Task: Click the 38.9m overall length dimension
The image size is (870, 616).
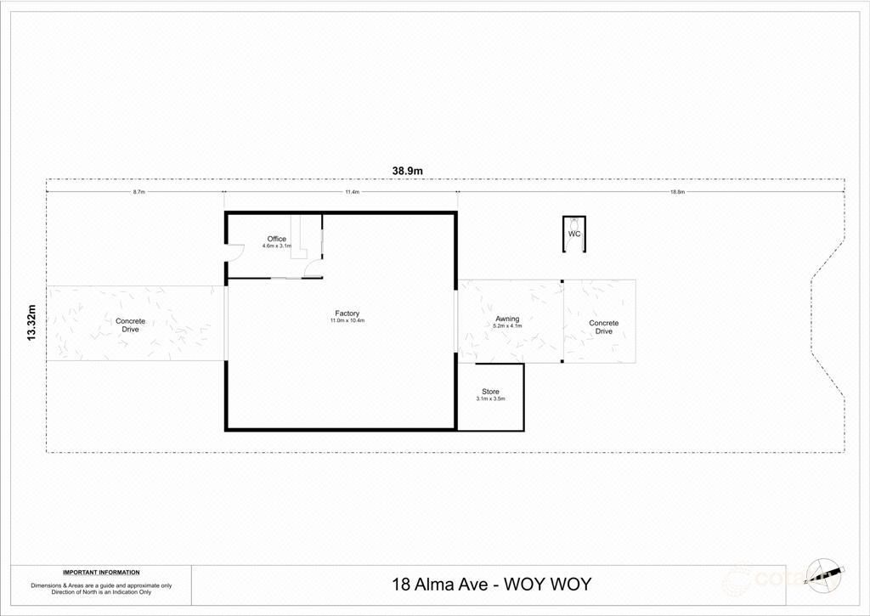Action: [408, 171]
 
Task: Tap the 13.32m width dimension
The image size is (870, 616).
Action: [32, 323]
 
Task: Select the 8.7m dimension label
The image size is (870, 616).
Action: [138, 193]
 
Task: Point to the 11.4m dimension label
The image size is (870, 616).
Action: [352, 193]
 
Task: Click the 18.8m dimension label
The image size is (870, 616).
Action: [676, 193]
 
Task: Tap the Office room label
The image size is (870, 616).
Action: [276, 239]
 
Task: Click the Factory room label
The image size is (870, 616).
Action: [347, 314]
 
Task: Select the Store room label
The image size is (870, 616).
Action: [490, 392]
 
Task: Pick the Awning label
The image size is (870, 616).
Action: [507, 319]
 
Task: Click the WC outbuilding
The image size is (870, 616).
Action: [574, 235]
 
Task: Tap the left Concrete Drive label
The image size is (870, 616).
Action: [130, 325]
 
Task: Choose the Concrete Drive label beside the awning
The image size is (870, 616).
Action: [603, 327]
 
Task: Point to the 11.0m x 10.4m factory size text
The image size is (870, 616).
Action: [347, 321]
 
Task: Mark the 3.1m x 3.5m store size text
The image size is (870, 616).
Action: [490, 398]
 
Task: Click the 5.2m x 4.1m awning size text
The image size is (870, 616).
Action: [507, 326]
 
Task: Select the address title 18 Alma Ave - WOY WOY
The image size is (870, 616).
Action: [490, 585]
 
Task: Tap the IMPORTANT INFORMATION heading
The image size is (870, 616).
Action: [101, 573]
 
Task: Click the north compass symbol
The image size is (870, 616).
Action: [824, 574]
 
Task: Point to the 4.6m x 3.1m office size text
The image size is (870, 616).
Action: [276, 246]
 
